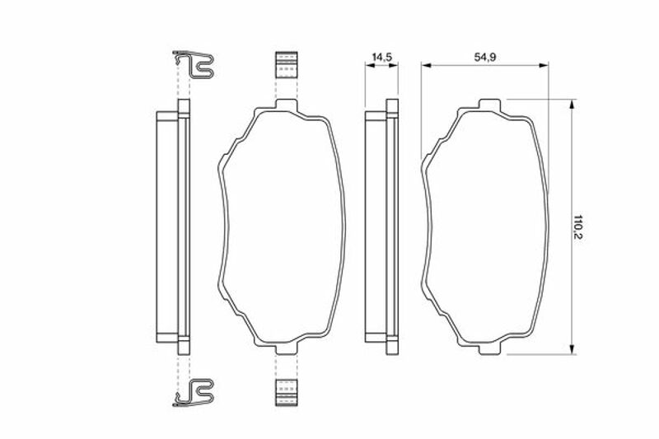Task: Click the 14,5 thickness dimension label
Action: tap(381, 57)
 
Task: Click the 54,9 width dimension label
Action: tap(485, 57)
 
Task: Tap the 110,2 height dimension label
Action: tap(579, 227)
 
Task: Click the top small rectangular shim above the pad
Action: tap(286, 65)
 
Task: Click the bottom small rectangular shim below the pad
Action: tap(286, 393)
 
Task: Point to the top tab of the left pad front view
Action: tap(286, 105)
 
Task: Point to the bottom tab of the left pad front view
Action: tap(286, 348)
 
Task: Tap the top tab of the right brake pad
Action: tap(490, 105)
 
